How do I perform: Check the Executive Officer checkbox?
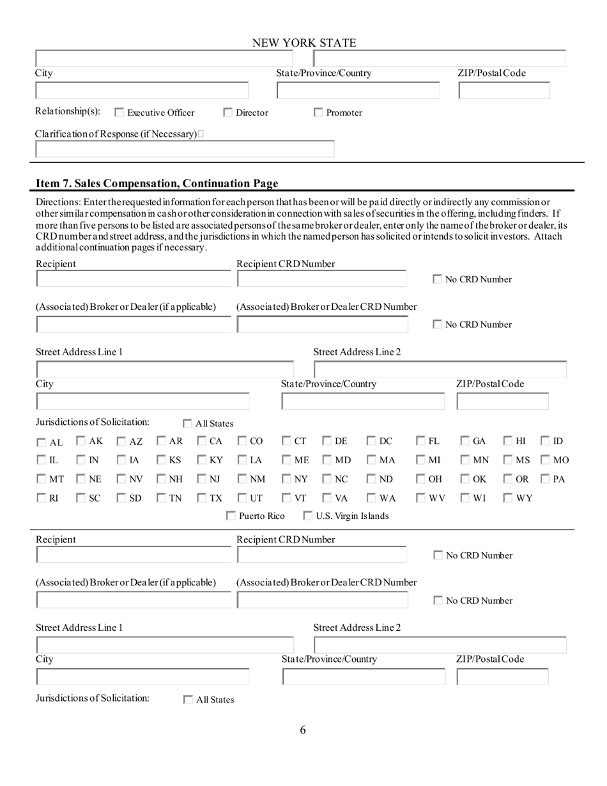click(119, 113)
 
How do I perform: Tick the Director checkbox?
click(228, 113)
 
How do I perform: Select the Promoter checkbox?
click(318, 113)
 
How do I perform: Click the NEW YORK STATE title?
click(303, 43)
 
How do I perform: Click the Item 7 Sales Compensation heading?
click(157, 183)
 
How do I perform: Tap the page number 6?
click(303, 730)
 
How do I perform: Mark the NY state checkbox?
click(287, 479)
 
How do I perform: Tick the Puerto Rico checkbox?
click(232, 516)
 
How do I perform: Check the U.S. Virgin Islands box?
click(307, 516)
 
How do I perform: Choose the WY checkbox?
click(507, 498)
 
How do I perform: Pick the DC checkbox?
click(371, 441)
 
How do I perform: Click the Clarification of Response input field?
click(185, 149)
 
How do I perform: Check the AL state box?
click(42, 442)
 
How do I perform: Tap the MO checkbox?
click(545, 460)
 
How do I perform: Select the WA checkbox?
click(371, 498)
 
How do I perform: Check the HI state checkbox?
click(507, 441)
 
